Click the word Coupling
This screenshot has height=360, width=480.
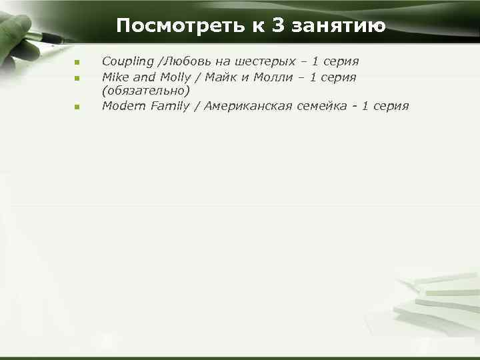[127, 62]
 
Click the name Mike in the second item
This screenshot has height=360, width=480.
[114, 77]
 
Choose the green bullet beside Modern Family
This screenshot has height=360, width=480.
[77, 107]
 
